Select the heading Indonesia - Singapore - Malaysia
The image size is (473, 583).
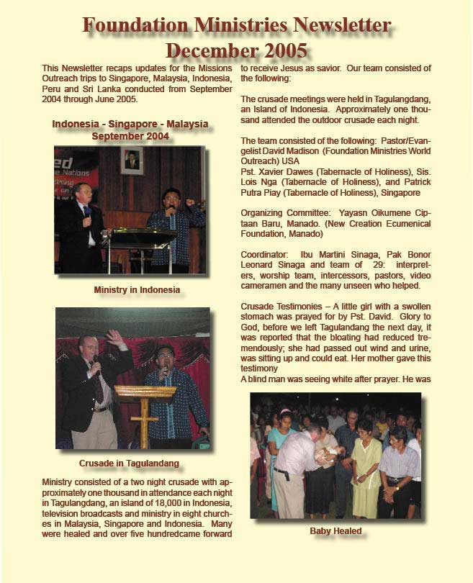130,125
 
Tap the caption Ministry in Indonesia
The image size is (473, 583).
137,290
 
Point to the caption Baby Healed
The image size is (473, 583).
335,531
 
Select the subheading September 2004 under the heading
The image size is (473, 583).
130,135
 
